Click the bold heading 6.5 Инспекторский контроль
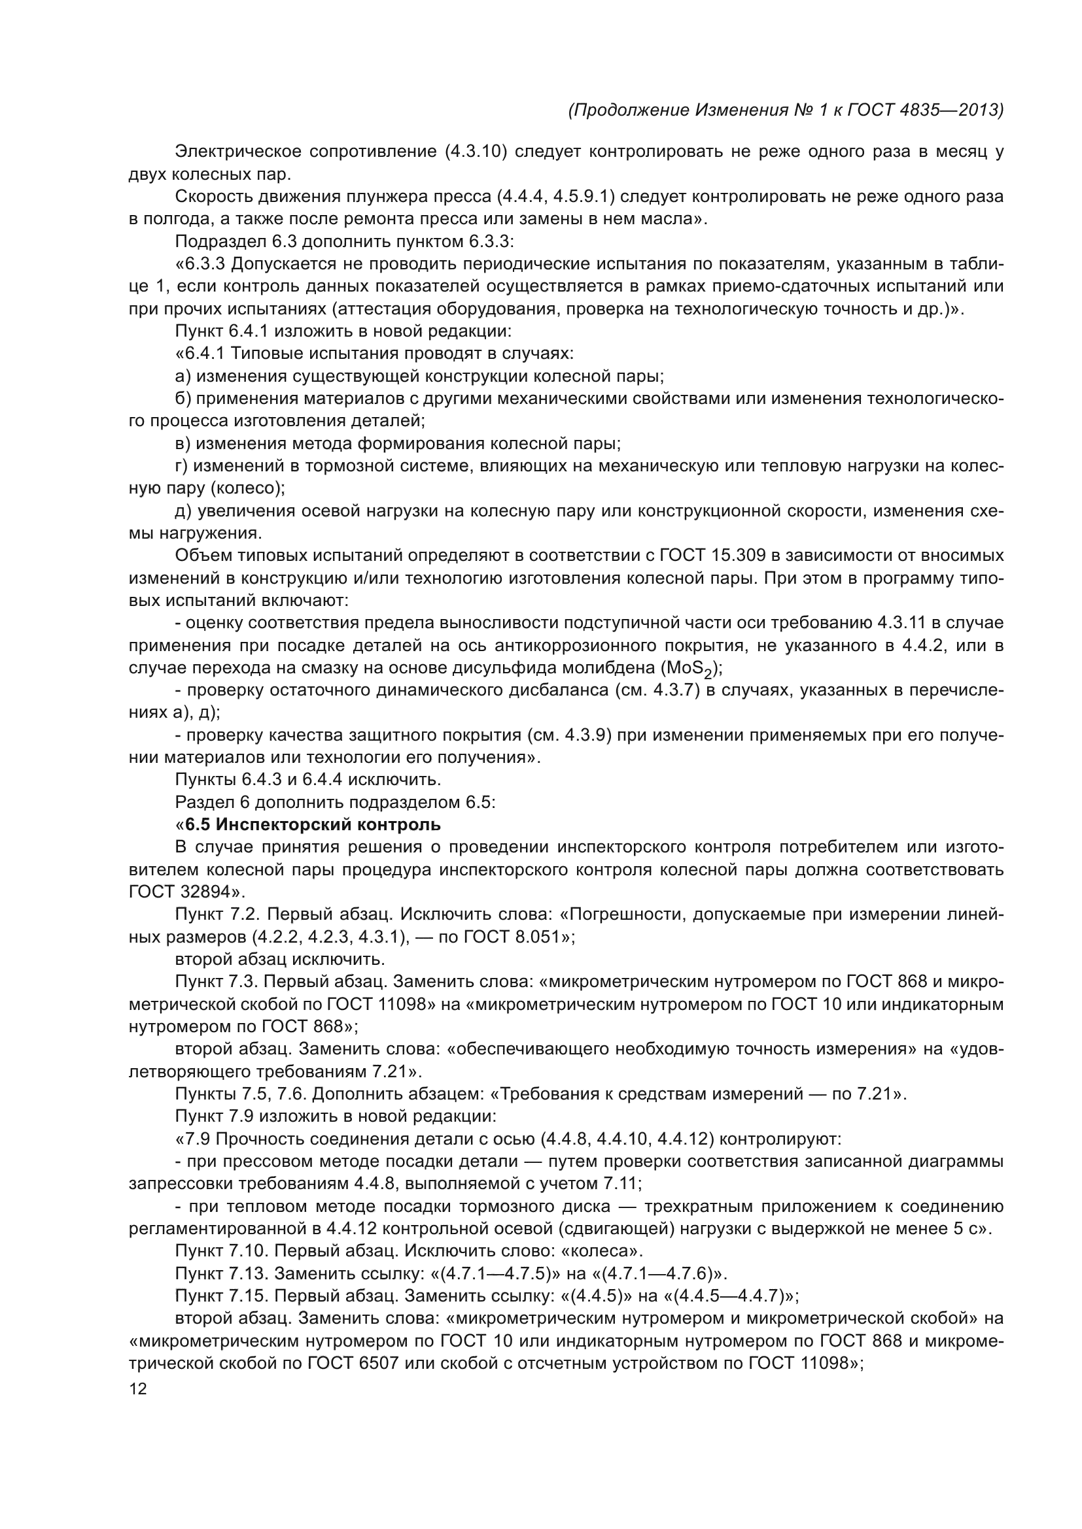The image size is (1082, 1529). click(313, 824)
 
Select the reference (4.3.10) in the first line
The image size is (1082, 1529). click(476, 152)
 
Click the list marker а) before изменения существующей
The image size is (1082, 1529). click(183, 377)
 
